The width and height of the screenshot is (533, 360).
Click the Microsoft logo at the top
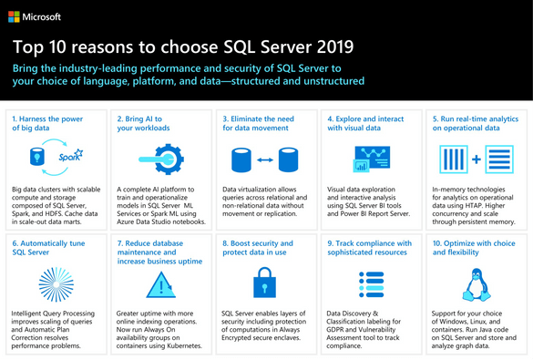36,16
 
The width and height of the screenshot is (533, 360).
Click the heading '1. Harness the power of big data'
47,123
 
